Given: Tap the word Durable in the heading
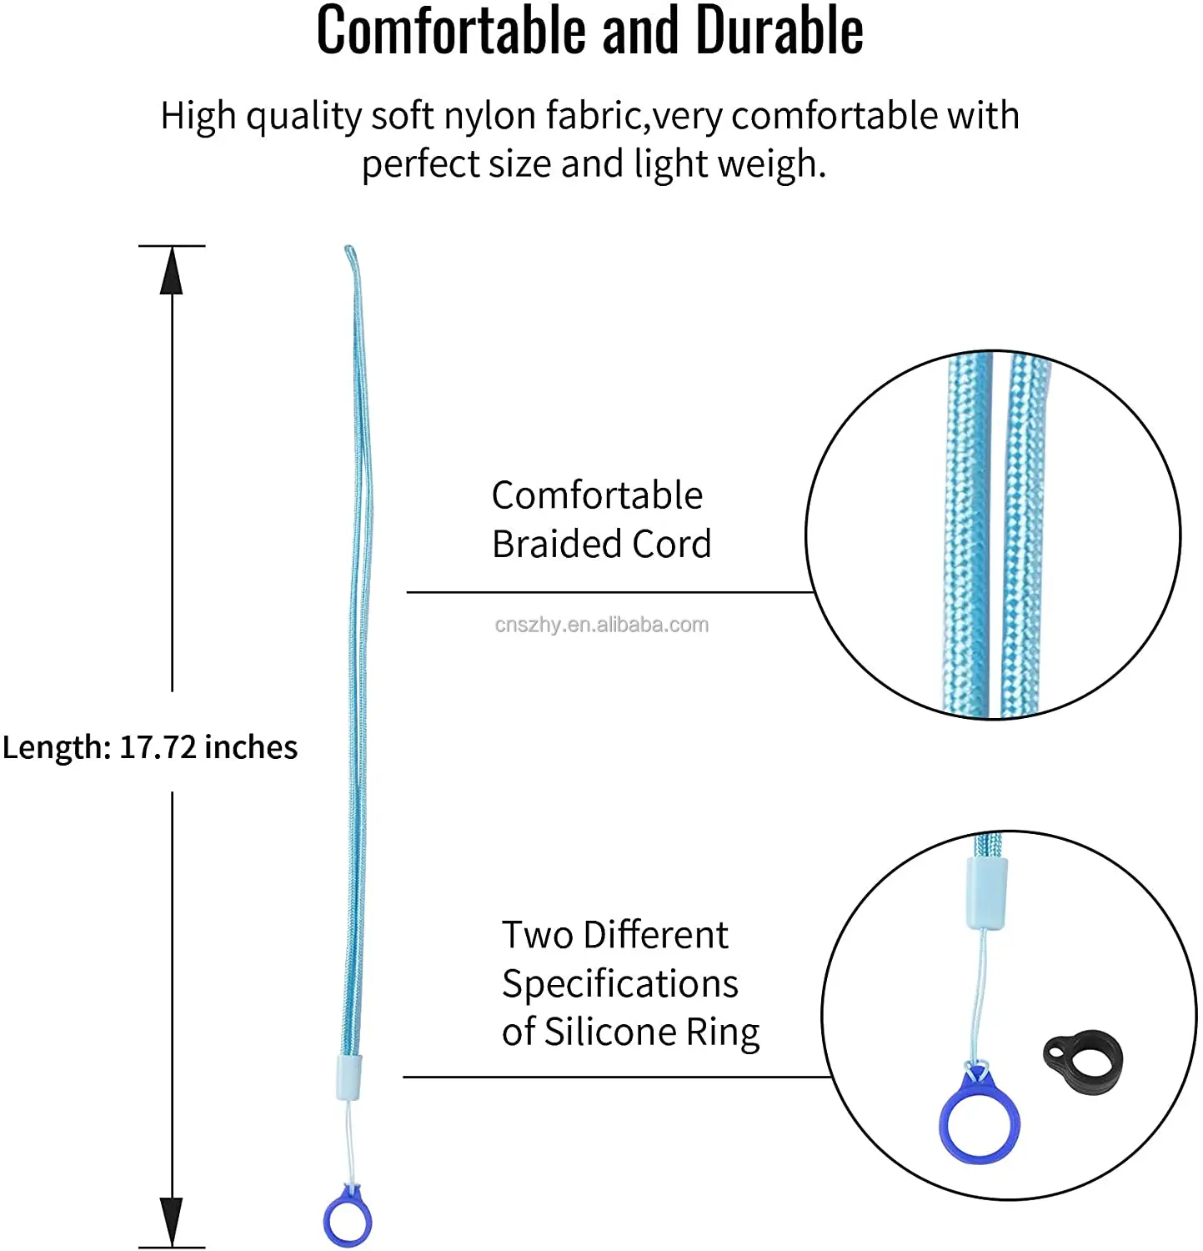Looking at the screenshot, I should click(779, 32).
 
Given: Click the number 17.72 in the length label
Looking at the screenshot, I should click(158, 747).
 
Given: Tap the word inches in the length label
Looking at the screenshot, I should click(251, 747).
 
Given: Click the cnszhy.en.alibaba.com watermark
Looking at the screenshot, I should click(601, 625).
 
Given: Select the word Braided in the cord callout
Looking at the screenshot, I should click(557, 544).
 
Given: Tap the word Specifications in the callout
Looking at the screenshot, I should click(619, 984).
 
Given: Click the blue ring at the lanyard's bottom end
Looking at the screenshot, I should click(348, 1219).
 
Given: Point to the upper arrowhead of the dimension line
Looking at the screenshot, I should click(172, 271).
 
